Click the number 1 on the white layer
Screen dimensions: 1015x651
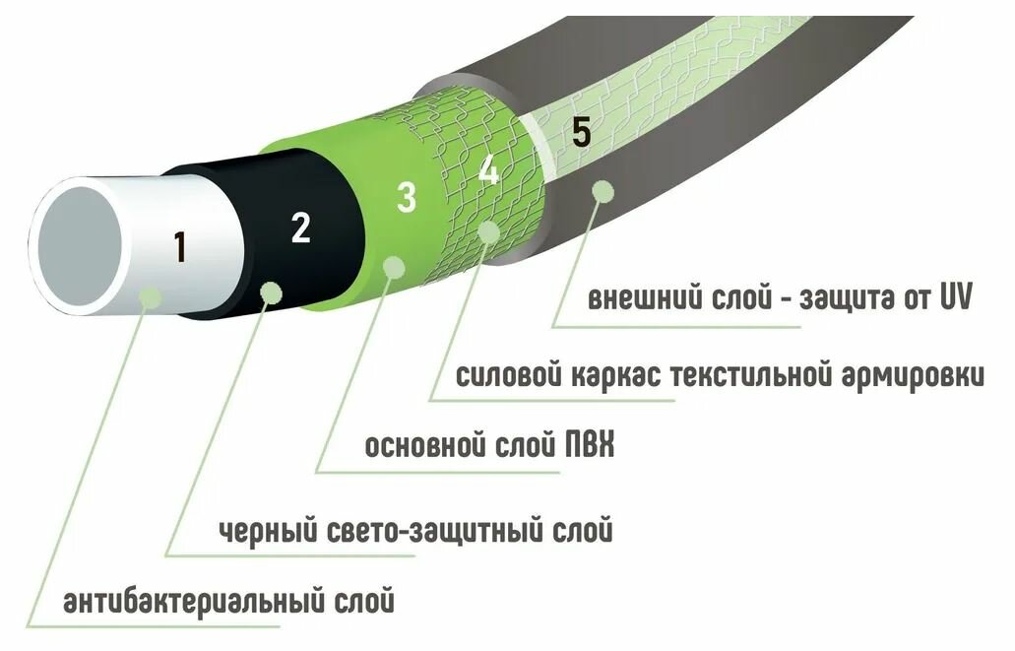point(179,247)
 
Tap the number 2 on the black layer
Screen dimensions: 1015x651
point(301,228)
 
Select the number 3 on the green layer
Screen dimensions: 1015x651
point(406,197)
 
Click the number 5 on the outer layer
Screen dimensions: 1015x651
point(581,134)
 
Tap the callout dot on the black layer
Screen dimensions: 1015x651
point(271,292)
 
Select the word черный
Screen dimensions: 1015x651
point(263,532)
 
